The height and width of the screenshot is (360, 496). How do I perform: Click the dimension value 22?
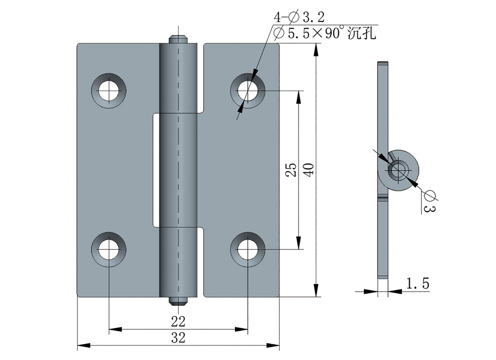click(179, 321)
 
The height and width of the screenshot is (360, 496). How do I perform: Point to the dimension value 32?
click(179, 338)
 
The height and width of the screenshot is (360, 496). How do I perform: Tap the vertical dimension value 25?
click(291, 169)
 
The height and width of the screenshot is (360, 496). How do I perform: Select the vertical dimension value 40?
click(310, 169)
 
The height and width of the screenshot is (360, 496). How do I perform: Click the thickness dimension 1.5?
click(417, 284)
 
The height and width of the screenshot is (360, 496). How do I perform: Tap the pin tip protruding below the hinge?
click(179, 301)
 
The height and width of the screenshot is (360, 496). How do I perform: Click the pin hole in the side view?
click(398, 170)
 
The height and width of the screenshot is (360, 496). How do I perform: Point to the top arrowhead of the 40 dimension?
click(316, 49)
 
